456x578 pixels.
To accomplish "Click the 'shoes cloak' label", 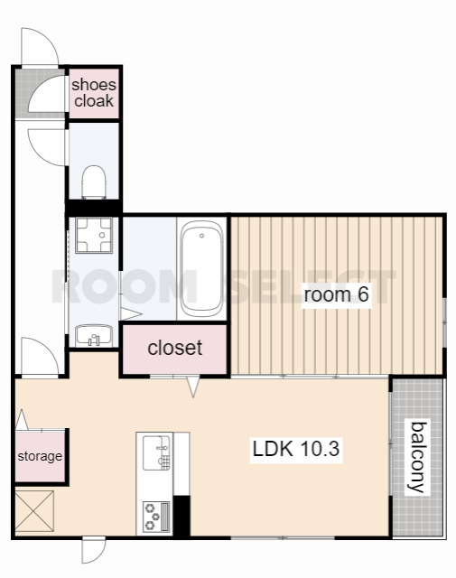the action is (94, 93).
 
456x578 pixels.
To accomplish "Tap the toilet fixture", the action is (94, 182).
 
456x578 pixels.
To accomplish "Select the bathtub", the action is (201, 269).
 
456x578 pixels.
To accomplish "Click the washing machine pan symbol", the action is (94, 235).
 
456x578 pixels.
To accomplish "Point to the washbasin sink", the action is (94, 335).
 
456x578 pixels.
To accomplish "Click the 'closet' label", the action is (175, 348).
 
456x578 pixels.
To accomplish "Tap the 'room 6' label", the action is (336, 294).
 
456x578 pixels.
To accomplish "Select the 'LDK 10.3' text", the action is (296, 449).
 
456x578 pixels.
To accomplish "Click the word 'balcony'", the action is (419, 457).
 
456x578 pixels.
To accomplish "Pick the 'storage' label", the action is (40, 456).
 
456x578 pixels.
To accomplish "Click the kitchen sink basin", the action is (157, 453).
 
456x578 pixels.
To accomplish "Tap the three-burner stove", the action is (157, 517).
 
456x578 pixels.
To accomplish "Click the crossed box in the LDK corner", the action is (34, 511).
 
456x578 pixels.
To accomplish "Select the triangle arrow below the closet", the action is (193, 387).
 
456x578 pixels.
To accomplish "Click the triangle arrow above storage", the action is (22, 419).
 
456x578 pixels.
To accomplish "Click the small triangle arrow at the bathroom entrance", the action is (131, 314).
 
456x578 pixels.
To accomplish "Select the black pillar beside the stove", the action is (181, 516).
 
